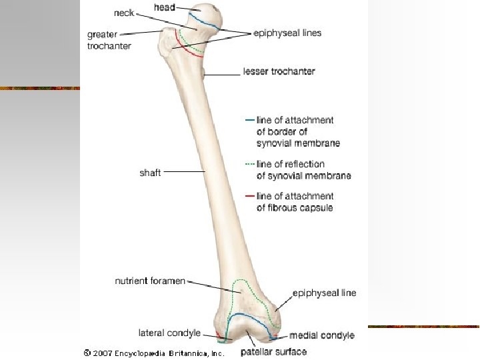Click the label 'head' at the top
[x=165, y=7]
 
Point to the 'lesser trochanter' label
[x=279, y=71]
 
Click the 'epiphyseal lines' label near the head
[x=287, y=33]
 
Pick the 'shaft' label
[x=150, y=173]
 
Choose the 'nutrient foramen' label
[x=150, y=281]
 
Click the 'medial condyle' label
[x=323, y=335]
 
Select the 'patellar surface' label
[x=273, y=351]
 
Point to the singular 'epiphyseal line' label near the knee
[x=325, y=293]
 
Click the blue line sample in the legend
[x=249, y=121]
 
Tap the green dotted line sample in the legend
[x=249, y=164]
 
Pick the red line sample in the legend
[x=249, y=196]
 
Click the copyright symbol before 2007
[x=87, y=352]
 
